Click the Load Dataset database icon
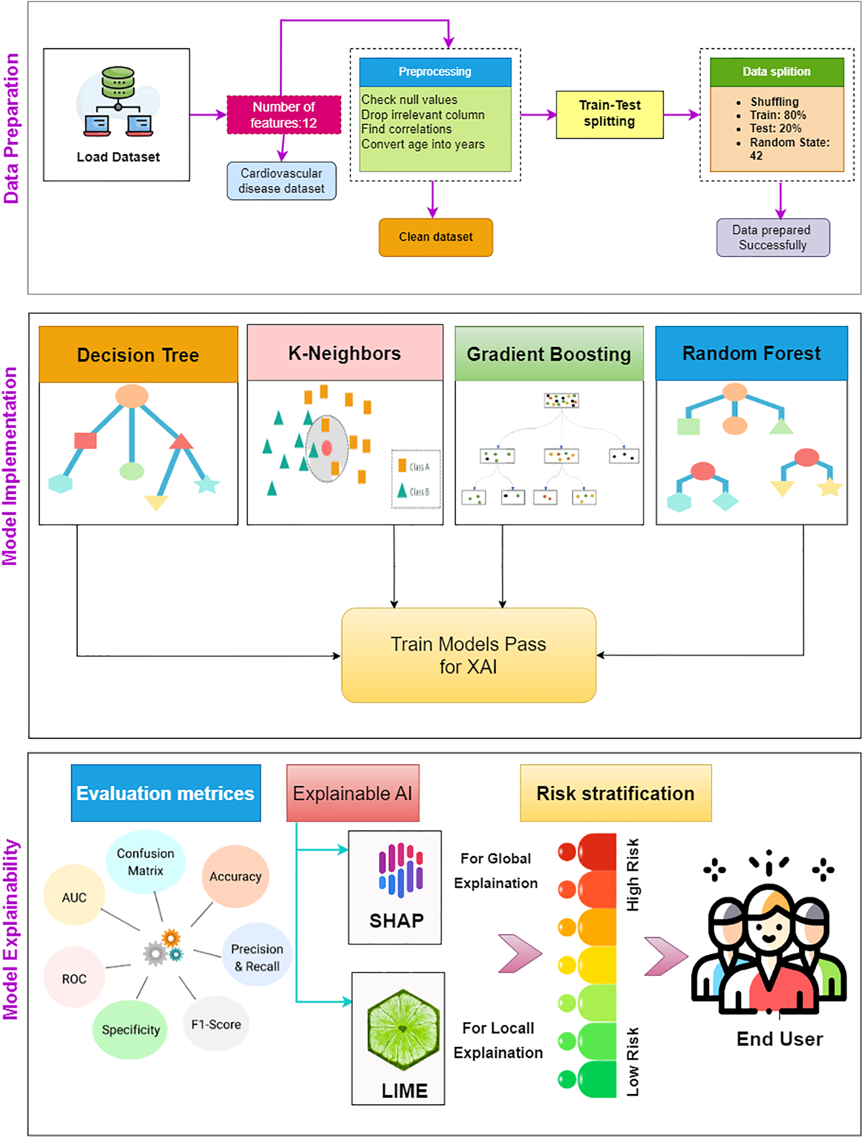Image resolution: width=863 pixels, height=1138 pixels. (118, 101)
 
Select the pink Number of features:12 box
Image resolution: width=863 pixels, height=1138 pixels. (284, 115)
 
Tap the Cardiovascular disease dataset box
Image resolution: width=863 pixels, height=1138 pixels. (282, 181)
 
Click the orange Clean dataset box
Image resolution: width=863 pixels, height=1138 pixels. (436, 237)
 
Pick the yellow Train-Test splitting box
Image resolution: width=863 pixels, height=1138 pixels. (610, 115)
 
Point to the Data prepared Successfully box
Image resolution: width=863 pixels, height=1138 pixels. (773, 237)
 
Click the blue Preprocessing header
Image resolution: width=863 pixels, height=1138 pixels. (435, 72)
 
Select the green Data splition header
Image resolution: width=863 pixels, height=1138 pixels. (777, 72)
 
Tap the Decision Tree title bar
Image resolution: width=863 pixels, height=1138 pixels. (138, 354)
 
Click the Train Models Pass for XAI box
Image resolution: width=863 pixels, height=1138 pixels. (469, 655)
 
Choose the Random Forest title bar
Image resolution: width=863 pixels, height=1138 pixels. (751, 353)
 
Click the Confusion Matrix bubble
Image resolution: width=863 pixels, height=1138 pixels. (146, 862)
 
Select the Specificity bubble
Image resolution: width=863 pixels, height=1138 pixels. (130, 1029)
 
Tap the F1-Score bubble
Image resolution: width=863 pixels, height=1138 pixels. (216, 1024)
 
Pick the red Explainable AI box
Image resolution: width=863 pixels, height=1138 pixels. (353, 793)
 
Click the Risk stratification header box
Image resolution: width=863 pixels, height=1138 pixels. (616, 793)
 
